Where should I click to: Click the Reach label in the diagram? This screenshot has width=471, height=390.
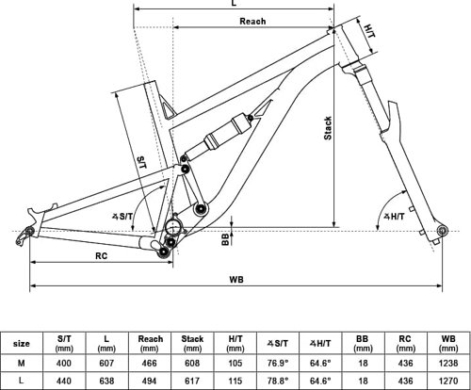(x=252, y=21)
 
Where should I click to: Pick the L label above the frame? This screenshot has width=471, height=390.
(x=233, y=5)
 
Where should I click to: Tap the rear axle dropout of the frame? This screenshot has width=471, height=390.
(x=27, y=230)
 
